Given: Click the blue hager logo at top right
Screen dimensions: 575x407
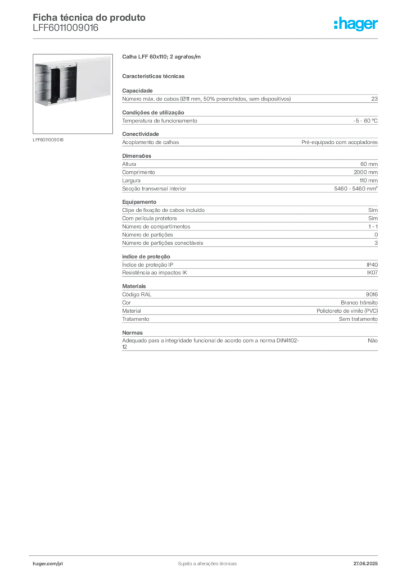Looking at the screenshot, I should [x=357, y=24].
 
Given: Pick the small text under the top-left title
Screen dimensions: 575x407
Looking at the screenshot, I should [x=65, y=31].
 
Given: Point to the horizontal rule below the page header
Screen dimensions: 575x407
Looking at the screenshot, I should [x=207, y=38].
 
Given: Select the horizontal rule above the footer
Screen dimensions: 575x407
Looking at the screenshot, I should [x=207, y=554].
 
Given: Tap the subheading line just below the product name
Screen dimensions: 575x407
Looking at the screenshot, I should [x=155, y=75].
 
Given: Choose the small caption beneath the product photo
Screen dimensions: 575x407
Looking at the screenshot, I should [x=49, y=139].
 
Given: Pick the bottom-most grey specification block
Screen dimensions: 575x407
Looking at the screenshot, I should [x=250, y=343].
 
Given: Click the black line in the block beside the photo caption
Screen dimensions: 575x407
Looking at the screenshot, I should [x=237, y=141].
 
